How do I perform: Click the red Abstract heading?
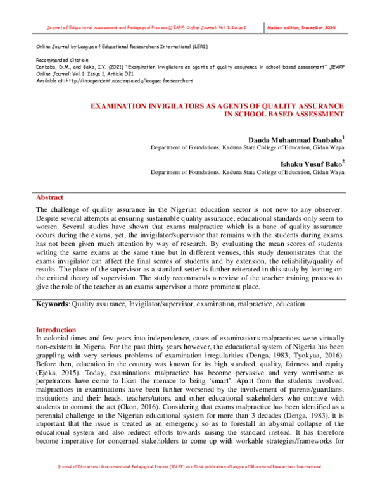[49, 197]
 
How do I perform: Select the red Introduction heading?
[56, 330]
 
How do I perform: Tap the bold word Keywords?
[53, 304]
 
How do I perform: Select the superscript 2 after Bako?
[343, 161]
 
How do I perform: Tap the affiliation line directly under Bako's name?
[247, 172]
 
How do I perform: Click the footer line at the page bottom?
[189, 484]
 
